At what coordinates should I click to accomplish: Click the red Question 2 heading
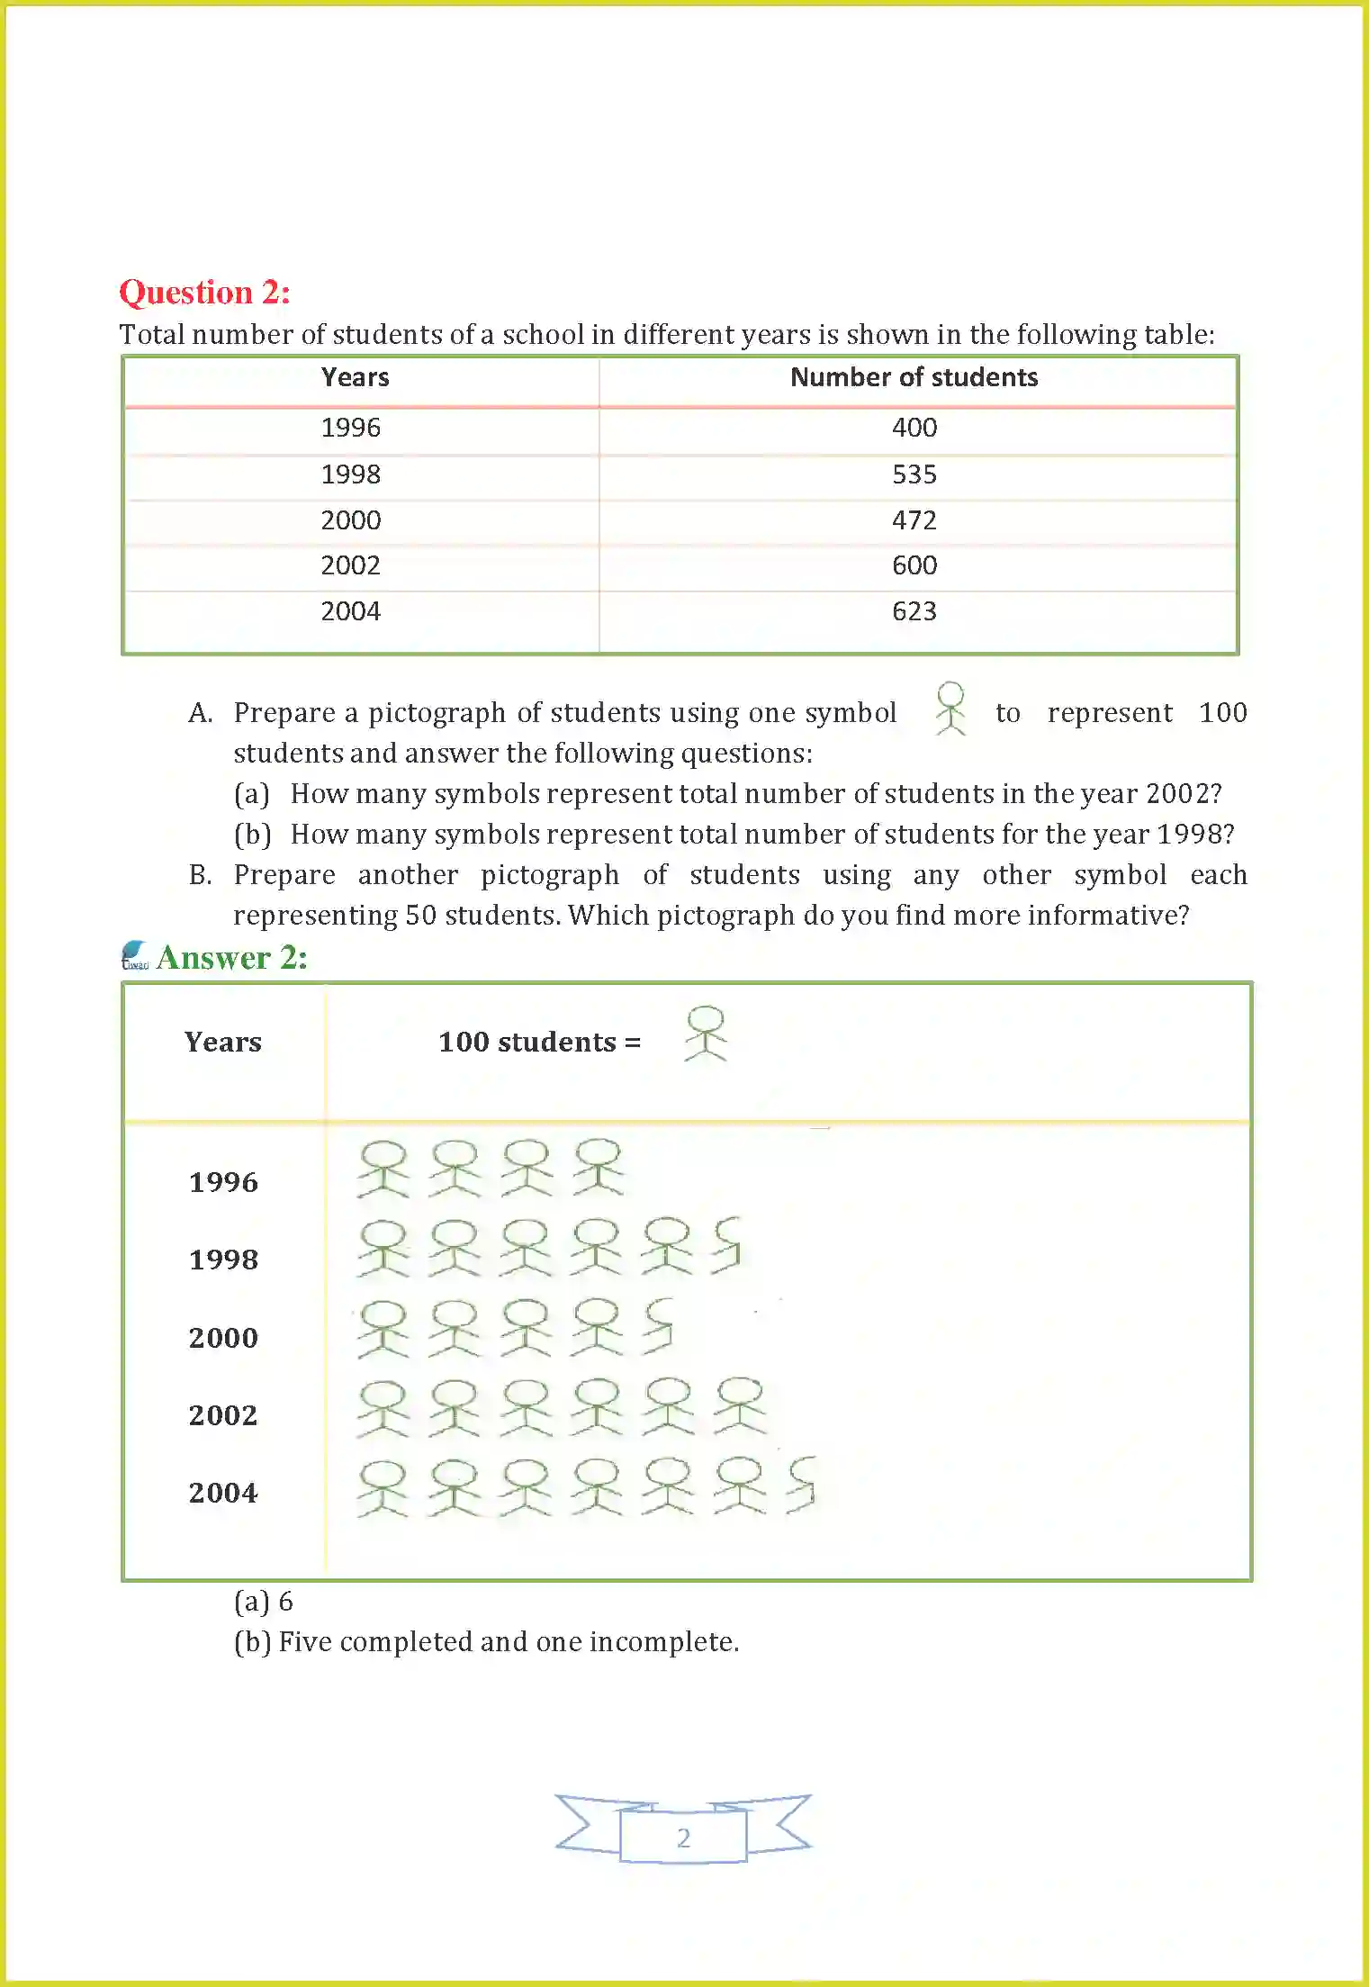coord(204,292)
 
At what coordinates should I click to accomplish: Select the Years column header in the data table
coord(355,377)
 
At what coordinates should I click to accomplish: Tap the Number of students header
coord(914,377)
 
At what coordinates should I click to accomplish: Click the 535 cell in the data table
coord(914,474)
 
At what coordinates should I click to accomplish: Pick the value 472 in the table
coord(914,520)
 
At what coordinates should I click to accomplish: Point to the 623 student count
coord(914,611)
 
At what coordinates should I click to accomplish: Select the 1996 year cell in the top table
coord(350,428)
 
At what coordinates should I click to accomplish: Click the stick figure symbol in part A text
coord(950,709)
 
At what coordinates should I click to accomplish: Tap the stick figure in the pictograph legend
coord(706,1034)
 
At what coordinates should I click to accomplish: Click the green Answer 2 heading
coord(231,958)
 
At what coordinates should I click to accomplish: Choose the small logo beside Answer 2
coord(134,955)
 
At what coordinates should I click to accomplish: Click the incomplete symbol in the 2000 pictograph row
coord(659,1325)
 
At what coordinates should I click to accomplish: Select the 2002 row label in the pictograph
coord(223,1415)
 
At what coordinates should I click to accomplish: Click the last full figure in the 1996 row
coord(599,1168)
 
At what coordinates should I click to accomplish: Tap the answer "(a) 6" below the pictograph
coord(263,1602)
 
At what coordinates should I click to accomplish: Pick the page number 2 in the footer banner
coord(683,1838)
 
